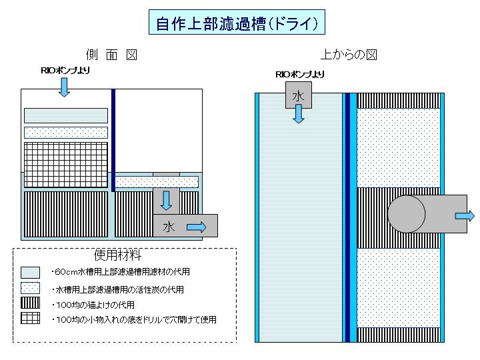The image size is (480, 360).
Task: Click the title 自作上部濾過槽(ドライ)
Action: pos(237,23)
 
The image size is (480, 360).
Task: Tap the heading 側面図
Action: pos(111,55)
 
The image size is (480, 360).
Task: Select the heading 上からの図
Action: pos(349,55)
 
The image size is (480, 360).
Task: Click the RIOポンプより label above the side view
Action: pos(65,71)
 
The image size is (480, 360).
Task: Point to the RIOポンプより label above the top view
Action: pos(300,75)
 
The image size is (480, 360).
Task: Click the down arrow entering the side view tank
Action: pos(64,87)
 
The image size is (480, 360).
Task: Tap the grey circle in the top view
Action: pos(406,214)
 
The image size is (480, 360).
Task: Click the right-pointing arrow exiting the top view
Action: pos(465,216)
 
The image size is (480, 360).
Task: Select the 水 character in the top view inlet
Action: pos(298,96)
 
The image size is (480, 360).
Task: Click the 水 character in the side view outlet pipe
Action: pos(169,227)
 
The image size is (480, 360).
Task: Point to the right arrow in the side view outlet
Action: pos(196,227)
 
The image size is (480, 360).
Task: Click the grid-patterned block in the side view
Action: pos(66,165)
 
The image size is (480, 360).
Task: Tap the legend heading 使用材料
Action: pos(117,255)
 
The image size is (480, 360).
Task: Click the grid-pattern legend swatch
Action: pos(30,318)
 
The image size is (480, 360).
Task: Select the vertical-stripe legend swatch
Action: pos(30,303)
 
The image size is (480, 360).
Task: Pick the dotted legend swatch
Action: pos(30,288)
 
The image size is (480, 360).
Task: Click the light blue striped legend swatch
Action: pos(30,273)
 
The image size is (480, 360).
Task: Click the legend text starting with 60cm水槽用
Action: pos(121,272)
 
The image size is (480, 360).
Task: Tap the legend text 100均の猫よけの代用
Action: pos(93,305)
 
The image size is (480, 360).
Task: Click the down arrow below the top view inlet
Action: pos(299,114)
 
